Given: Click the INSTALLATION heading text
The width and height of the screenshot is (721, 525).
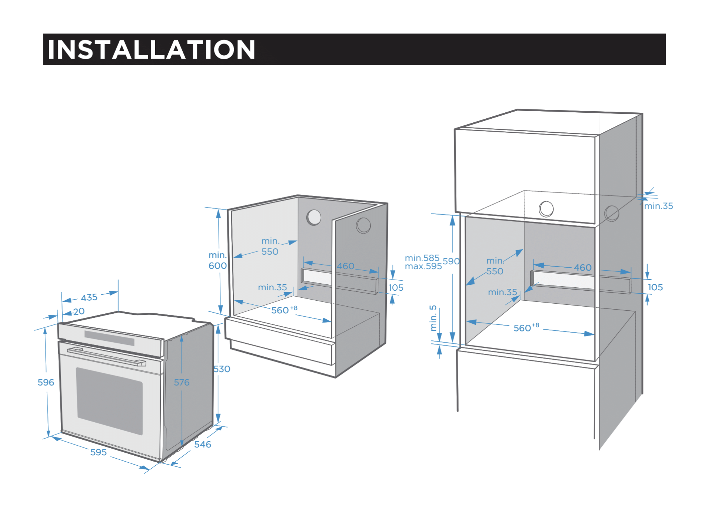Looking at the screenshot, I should point(151,49).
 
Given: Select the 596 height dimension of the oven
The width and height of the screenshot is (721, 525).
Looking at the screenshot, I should point(46,382).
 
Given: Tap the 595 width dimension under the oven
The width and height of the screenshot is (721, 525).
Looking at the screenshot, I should point(99,452).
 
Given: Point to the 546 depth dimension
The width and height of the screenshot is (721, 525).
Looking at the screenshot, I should point(203,444).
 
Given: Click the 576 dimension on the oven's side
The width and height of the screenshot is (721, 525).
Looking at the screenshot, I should point(182,382).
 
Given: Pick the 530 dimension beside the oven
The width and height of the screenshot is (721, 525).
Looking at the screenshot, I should point(222,369).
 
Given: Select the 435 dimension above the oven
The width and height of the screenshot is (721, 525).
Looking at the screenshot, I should point(89,297).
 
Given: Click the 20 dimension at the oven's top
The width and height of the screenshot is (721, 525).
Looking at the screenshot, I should point(79,311).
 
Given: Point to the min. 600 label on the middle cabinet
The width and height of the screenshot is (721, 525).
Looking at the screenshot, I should point(217,260).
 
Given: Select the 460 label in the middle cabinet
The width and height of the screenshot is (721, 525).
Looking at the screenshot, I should point(346,266).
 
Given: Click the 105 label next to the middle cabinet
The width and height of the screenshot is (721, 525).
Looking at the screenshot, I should point(396,287).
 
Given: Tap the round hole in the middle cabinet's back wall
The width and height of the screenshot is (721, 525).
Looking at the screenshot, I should point(314,217).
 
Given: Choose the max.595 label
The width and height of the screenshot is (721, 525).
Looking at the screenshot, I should point(423,266).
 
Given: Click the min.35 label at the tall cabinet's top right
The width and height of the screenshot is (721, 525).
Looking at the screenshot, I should point(658,206).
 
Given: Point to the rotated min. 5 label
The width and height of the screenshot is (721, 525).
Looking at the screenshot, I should point(433,318).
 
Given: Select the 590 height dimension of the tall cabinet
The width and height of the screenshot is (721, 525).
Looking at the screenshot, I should point(451,261).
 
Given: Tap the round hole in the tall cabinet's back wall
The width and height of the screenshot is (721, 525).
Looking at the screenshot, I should point(546,209).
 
